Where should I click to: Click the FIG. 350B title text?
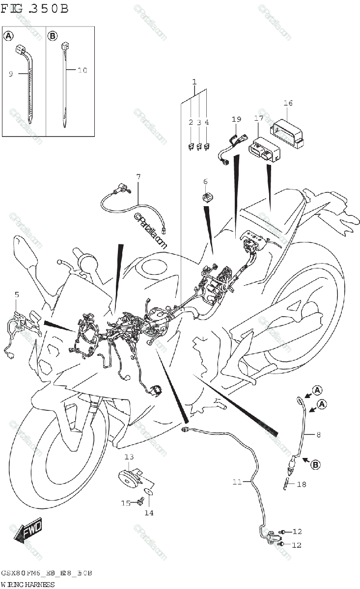pos(34,8)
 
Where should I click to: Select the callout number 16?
pos(288,103)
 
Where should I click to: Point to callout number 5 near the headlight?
pos(17,295)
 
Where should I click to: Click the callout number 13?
pos(129,457)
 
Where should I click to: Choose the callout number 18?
pos(301,484)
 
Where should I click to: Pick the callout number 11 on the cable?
pos(237,482)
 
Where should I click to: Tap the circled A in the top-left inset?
pos(9,36)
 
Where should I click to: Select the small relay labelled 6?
pos(207,198)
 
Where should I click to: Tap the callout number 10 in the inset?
pos(82,70)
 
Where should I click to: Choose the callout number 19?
pos(237,119)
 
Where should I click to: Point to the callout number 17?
pos(259,118)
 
